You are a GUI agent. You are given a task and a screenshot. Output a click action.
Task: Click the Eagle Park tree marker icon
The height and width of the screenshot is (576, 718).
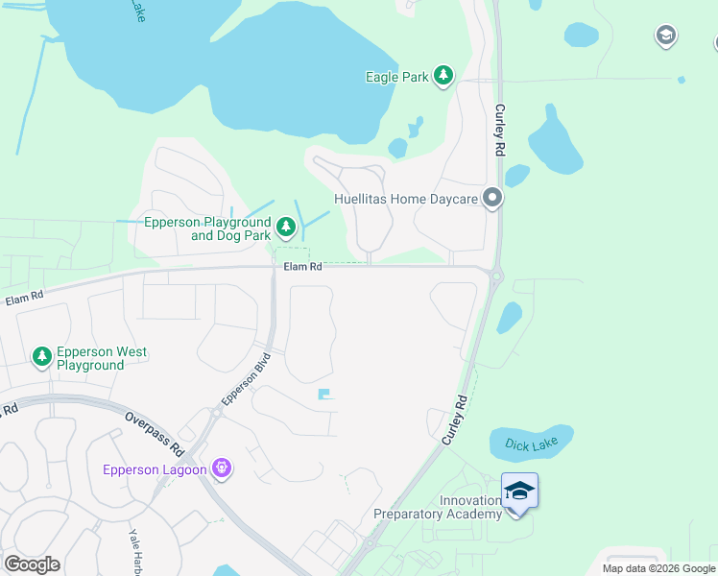[x=443, y=77]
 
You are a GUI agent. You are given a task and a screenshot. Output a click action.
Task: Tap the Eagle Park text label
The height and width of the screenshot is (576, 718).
[x=396, y=77]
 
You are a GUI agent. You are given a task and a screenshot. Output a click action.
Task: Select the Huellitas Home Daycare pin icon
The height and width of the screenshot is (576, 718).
[x=493, y=199]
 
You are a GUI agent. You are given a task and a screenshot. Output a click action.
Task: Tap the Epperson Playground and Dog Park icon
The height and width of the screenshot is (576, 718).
[x=285, y=228]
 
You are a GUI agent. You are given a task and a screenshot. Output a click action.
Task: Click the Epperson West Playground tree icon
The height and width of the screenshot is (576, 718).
[x=41, y=358]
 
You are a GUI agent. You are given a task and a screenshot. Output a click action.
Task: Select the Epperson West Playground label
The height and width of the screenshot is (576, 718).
[x=101, y=358]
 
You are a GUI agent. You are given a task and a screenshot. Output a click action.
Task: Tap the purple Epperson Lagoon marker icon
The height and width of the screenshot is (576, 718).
[x=223, y=468]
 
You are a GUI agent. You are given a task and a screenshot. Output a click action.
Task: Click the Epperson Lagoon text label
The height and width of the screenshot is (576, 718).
[x=155, y=469]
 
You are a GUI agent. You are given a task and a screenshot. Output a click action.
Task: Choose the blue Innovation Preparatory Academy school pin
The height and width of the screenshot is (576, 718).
[x=519, y=492]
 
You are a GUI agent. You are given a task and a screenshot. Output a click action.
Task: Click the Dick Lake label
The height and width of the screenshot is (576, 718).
[x=531, y=445]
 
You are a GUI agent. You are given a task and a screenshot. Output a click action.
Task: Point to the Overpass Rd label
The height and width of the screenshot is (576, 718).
[x=154, y=434]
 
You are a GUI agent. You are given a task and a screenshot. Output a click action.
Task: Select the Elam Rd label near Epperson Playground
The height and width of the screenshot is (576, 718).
[x=302, y=266]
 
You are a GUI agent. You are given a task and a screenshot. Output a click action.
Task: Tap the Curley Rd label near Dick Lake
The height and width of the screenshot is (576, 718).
[x=454, y=420]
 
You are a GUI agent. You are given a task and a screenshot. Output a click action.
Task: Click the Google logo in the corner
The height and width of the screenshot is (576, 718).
[x=32, y=564]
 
